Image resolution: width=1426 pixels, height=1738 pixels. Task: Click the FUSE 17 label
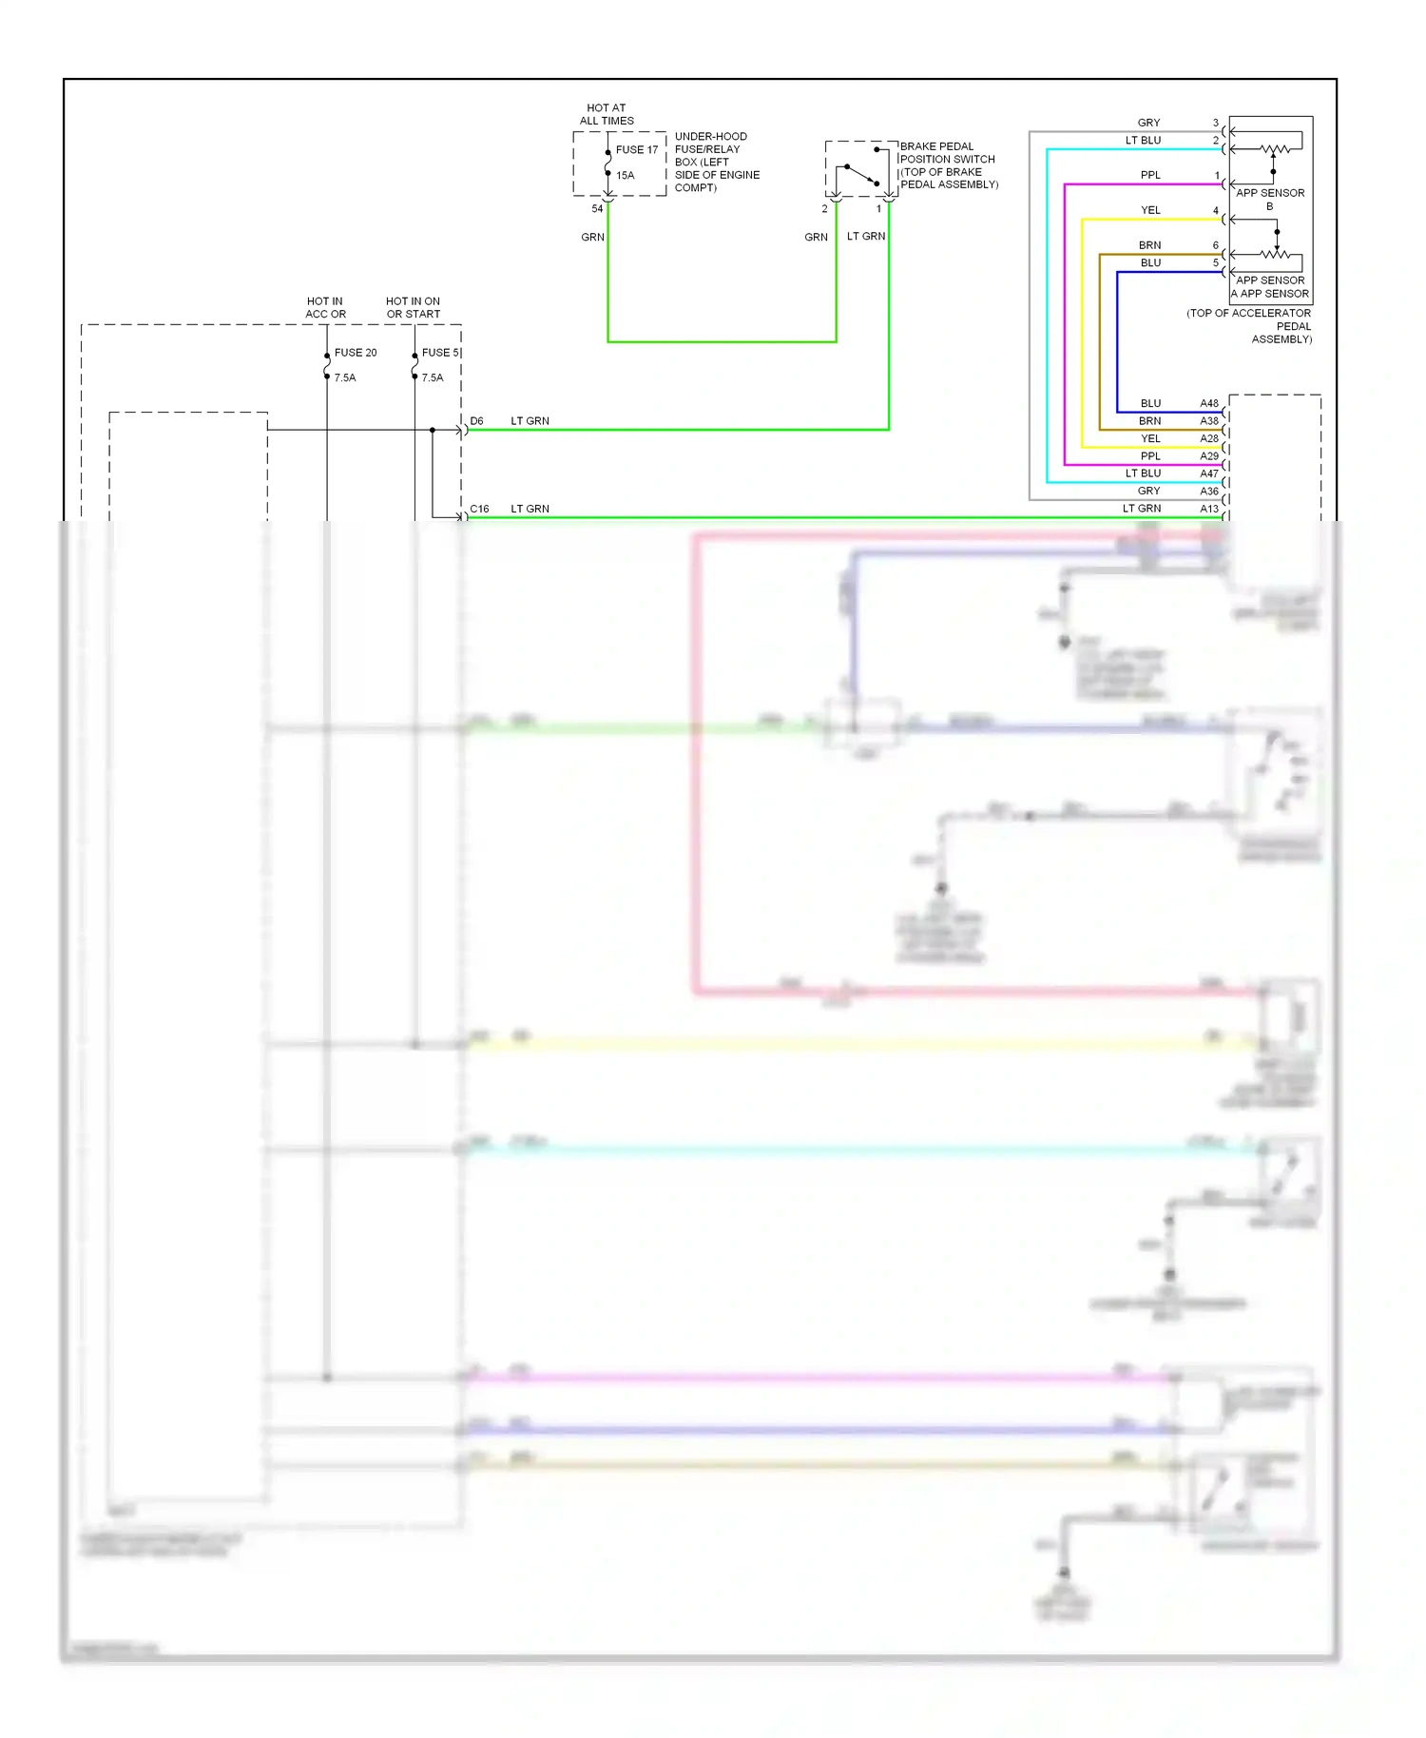pyautogui.click(x=636, y=149)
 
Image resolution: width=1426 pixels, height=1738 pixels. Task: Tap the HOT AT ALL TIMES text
pyautogui.click(x=607, y=114)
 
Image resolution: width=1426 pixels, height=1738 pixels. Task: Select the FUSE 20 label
pyautogui.click(x=355, y=353)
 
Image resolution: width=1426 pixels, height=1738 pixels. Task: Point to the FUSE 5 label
pyautogui.click(x=440, y=353)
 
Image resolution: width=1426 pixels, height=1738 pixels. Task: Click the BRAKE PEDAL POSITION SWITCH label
pyautogui.click(x=948, y=165)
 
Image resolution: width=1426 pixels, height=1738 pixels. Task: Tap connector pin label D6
pyautogui.click(x=476, y=421)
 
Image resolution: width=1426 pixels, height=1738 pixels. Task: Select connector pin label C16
pyautogui.click(x=479, y=510)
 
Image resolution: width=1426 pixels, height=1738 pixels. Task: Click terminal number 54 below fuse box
pyautogui.click(x=597, y=208)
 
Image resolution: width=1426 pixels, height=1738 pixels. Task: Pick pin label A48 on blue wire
pyautogui.click(x=1208, y=403)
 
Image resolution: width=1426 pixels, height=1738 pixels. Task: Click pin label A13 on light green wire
pyautogui.click(x=1208, y=509)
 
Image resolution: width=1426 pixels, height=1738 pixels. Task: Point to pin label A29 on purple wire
pyautogui.click(x=1208, y=456)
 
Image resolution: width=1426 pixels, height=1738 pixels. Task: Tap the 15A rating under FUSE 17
pyautogui.click(x=625, y=175)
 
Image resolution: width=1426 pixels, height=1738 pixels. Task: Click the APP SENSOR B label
pyautogui.click(x=1269, y=199)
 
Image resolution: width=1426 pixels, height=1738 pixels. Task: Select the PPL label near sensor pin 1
pyautogui.click(x=1150, y=175)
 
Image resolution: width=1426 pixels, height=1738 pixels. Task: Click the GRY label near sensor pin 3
pyautogui.click(x=1148, y=123)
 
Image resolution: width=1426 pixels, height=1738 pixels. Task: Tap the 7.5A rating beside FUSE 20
pyautogui.click(x=344, y=378)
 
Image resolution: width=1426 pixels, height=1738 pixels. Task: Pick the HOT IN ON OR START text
pyautogui.click(x=413, y=307)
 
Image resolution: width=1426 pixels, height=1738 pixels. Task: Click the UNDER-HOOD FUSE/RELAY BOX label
pyautogui.click(x=717, y=162)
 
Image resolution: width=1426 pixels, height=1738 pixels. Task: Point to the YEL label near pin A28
pyautogui.click(x=1150, y=438)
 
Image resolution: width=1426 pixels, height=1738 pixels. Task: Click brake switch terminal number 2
pyautogui.click(x=824, y=208)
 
